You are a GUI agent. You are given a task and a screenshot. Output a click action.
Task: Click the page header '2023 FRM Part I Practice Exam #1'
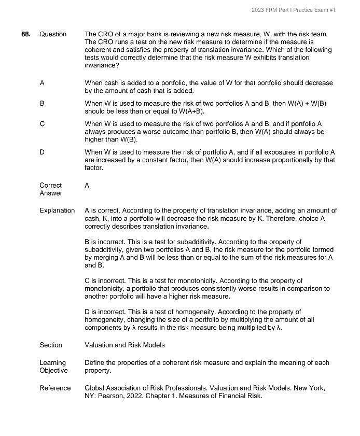[293, 10]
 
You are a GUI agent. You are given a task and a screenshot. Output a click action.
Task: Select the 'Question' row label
[53, 34]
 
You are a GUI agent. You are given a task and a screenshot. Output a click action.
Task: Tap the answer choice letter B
[42, 104]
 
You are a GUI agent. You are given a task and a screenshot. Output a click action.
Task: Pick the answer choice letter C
[42, 124]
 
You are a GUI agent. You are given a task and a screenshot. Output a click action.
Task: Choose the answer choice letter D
[42, 152]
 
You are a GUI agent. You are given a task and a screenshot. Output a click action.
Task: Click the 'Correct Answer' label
[51, 189]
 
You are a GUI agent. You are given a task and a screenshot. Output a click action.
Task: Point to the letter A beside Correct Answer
[87, 185]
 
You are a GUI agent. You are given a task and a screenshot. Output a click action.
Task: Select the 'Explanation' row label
[57, 210]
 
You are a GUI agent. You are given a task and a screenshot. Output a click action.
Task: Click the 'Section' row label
[51, 345]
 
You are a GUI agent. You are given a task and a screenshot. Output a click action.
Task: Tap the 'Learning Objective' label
[53, 367]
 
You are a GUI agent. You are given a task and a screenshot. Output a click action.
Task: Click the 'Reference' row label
[55, 388]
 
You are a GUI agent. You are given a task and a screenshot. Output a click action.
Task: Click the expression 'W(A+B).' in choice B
[192, 111]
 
